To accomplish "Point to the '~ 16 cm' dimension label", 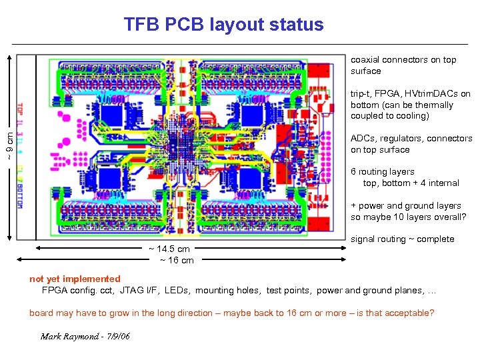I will [x=177, y=260].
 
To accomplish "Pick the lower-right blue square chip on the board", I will [x=251, y=178].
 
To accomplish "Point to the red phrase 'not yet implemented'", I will [x=75, y=279].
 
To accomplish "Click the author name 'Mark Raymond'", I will [x=69, y=336].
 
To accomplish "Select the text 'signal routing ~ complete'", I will [x=402, y=239].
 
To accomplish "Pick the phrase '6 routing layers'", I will [x=382, y=171].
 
